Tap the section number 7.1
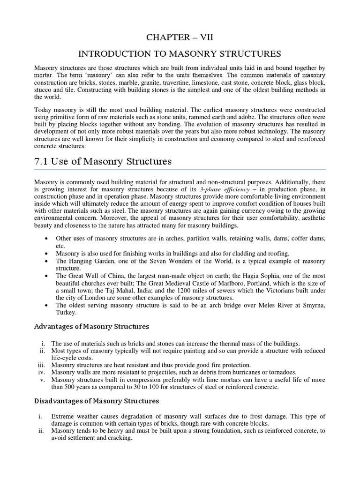coord(44,162)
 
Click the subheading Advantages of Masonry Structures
coord(92,326)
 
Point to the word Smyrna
coord(312,306)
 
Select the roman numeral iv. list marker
coord(41,372)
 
